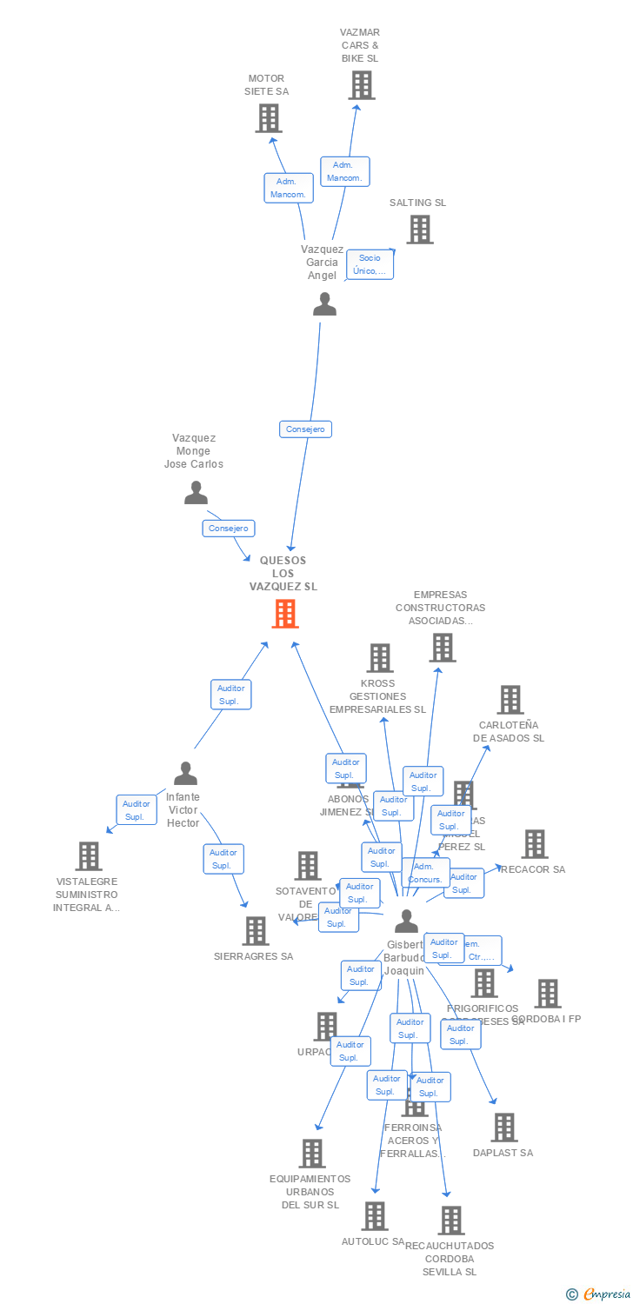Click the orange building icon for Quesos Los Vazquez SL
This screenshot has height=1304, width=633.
(x=285, y=614)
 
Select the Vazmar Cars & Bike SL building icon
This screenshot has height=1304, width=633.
(x=362, y=85)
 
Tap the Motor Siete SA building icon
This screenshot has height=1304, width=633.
(x=269, y=117)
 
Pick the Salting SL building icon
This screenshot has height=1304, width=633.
(x=420, y=230)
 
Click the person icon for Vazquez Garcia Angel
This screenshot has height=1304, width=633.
(x=324, y=304)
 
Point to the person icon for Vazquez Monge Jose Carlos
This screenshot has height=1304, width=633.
(x=197, y=493)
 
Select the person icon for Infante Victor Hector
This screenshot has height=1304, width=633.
(x=185, y=773)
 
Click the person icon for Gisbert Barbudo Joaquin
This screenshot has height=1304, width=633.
(x=406, y=921)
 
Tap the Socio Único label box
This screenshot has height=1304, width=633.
(x=370, y=264)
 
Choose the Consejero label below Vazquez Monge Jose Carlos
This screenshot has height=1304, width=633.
(x=229, y=528)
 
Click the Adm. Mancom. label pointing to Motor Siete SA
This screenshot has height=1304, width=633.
(x=289, y=188)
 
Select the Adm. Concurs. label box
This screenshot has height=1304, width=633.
(x=425, y=873)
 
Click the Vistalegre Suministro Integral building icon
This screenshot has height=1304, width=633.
(x=88, y=856)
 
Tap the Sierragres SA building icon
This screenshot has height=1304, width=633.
(x=255, y=931)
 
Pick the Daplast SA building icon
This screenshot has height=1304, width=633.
(x=503, y=1128)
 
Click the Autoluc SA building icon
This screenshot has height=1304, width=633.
(x=375, y=1216)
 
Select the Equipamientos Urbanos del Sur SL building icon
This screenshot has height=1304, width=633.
(x=311, y=1154)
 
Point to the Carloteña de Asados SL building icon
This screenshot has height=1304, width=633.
(x=510, y=700)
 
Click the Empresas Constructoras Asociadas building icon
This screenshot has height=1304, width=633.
(x=442, y=648)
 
